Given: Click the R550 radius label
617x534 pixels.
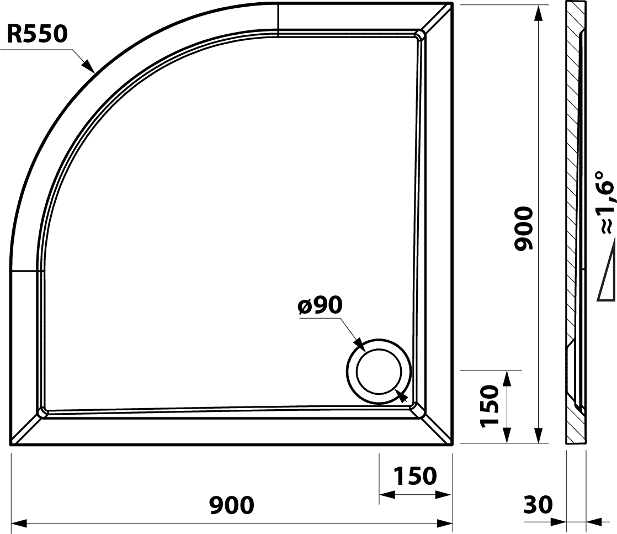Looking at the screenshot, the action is tap(38, 34).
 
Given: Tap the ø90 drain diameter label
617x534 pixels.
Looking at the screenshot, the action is tap(320, 305).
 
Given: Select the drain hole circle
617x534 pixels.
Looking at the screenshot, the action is tap(379, 371).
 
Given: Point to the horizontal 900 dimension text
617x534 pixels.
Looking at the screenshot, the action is tap(232, 505).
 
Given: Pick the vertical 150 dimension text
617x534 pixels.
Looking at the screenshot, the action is tap(490, 406).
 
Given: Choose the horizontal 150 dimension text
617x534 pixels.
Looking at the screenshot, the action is tap(415, 475).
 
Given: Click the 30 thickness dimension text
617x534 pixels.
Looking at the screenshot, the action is tap(538, 505).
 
